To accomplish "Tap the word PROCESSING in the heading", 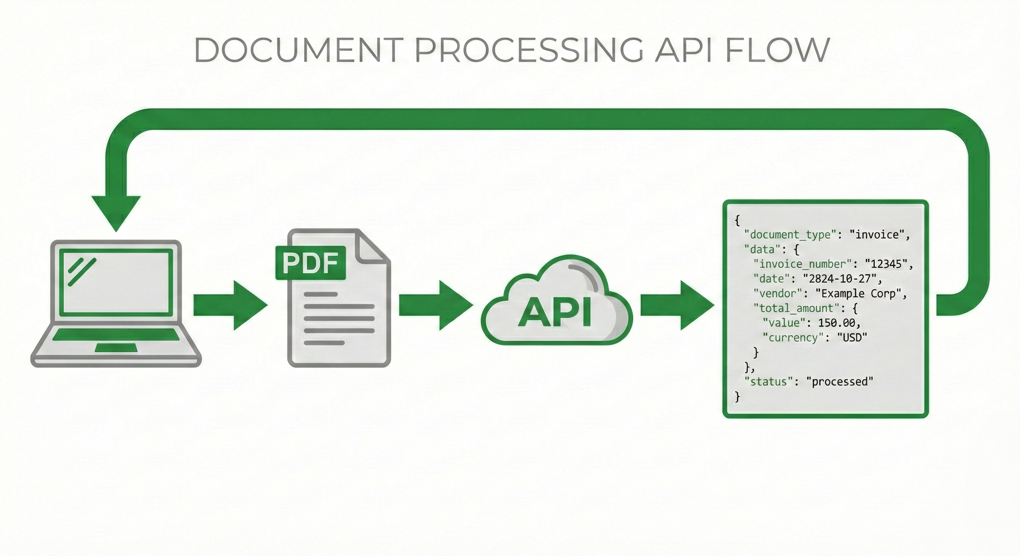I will (528, 50).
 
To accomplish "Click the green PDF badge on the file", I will (310, 263).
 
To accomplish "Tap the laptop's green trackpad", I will (116, 348).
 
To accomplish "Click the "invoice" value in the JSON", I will (877, 235).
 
